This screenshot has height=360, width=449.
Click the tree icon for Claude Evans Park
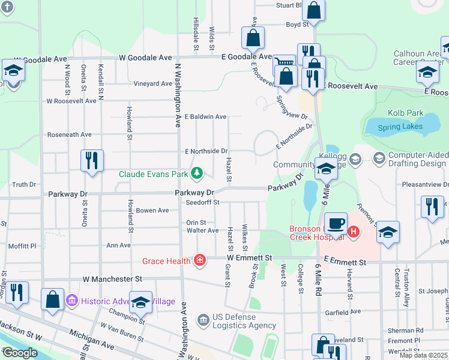click(x=196, y=174)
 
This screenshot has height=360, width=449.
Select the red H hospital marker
click(x=354, y=231)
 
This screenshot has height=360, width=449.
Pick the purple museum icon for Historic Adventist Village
click(x=71, y=300)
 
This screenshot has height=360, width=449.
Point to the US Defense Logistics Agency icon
click(x=204, y=318)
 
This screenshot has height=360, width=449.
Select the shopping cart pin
click(x=285, y=64)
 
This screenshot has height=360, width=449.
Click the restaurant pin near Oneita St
click(x=92, y=160)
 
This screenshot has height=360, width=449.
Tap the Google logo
click(x=20, y=353)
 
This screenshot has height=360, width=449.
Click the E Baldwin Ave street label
click(x=205, y=116)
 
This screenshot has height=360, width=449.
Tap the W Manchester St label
click(x=112, y=279)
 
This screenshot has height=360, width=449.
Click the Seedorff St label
click(x=204, y=203)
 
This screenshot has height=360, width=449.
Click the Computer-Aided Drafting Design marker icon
click(x=379, y=159)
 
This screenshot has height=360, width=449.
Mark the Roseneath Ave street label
click(x=70, y=135)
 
